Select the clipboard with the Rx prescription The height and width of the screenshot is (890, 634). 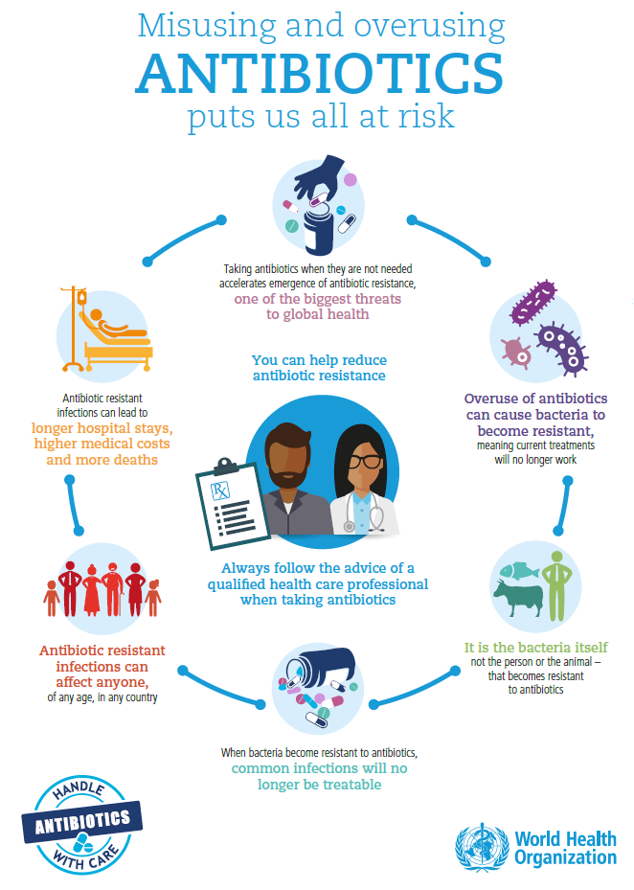(x=227, y=501)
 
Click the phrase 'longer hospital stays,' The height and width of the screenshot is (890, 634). (x=102, y=427)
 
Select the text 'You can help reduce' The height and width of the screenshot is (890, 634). (x=319, y=360)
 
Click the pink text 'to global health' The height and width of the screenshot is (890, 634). (x=318, y=314)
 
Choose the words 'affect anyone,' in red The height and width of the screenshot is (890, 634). (x=102, y=681)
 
